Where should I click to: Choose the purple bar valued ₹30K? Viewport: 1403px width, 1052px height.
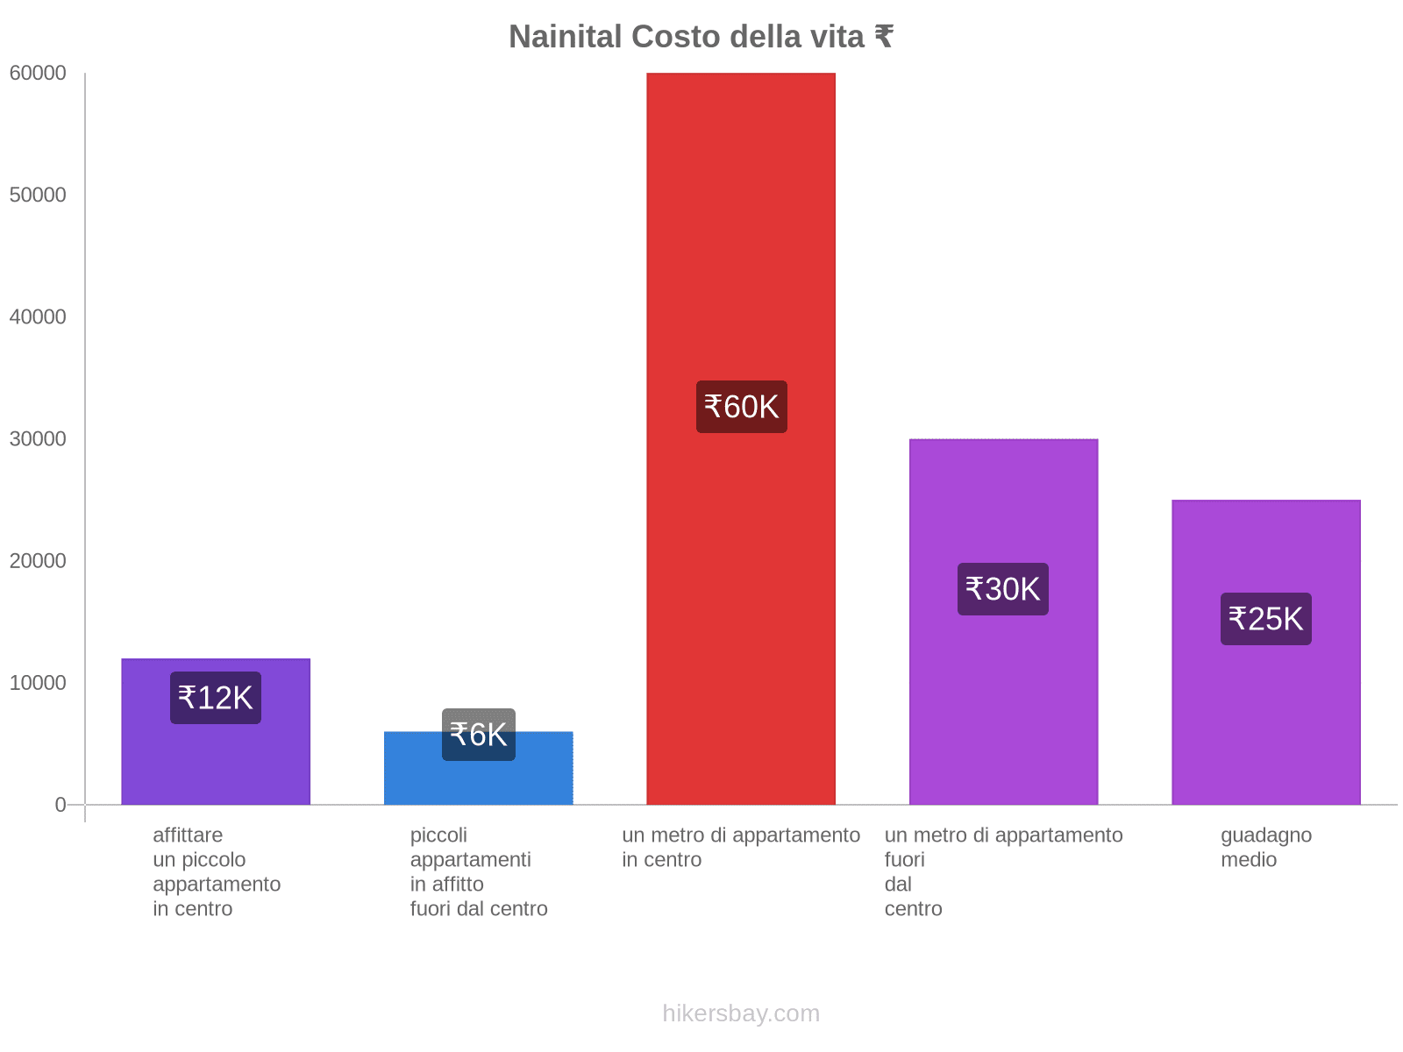[x=1003, y=701]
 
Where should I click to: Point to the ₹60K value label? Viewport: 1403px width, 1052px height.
[x=742, y=407]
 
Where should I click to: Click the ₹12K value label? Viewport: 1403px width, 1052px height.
[x=216, y=698]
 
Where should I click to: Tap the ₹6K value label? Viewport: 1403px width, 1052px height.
[x=479, y=735]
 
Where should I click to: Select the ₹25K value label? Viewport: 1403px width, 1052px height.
[x=1266, y=619]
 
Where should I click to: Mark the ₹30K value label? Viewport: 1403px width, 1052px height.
[x=1003, y=589]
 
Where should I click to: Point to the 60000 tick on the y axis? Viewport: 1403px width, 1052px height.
[x=38, y=74]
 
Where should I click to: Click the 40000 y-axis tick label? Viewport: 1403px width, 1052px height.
[x=38, y=317]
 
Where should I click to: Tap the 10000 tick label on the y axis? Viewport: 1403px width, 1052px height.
[x=38, y=683]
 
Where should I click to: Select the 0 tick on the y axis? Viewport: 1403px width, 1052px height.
[x=61, y=805]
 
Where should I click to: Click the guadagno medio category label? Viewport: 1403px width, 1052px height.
[x=1266, y=847]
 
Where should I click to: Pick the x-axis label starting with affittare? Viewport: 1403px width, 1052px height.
[x=216, y=871]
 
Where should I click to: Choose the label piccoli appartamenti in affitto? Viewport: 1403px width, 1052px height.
[x=478, y=871]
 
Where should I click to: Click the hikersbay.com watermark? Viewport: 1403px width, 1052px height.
[x=741, y=1013]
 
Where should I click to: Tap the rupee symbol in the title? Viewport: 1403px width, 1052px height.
[x=883, y=37]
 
